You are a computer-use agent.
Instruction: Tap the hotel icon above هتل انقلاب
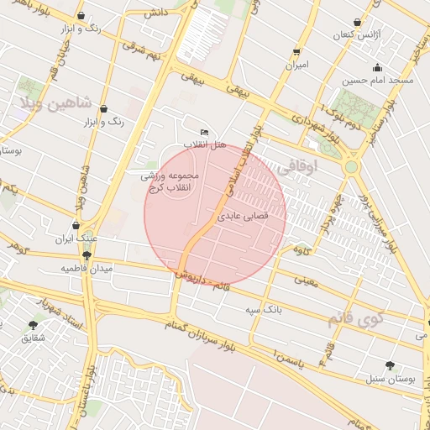(205, 133)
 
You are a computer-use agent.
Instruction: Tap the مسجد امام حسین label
(376, 81)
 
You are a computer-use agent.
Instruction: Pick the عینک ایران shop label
(76, 239)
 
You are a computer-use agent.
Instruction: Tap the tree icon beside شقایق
(34, 325)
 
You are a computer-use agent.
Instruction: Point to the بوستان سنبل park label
(390, 378)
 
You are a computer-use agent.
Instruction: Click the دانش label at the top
(155, 13)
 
